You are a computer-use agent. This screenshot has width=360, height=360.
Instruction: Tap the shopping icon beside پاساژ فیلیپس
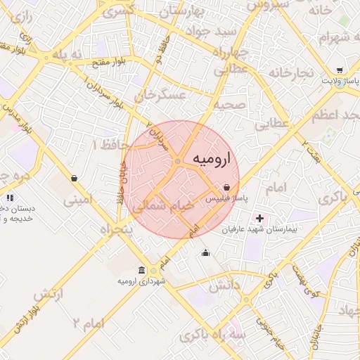226,188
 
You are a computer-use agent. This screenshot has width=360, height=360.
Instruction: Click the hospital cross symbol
260,219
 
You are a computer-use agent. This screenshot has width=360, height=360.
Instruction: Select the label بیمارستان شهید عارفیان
259,230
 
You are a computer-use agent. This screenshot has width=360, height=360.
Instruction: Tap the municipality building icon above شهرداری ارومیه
143,271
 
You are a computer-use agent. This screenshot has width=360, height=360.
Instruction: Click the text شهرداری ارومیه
141,281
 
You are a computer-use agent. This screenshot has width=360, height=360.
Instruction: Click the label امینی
77,200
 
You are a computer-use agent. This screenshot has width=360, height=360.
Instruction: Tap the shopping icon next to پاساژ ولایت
340,70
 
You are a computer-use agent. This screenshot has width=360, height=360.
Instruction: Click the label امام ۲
88,323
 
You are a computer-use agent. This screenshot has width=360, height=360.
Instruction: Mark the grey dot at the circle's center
179,162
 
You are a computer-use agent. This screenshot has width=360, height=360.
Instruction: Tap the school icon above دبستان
10,199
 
